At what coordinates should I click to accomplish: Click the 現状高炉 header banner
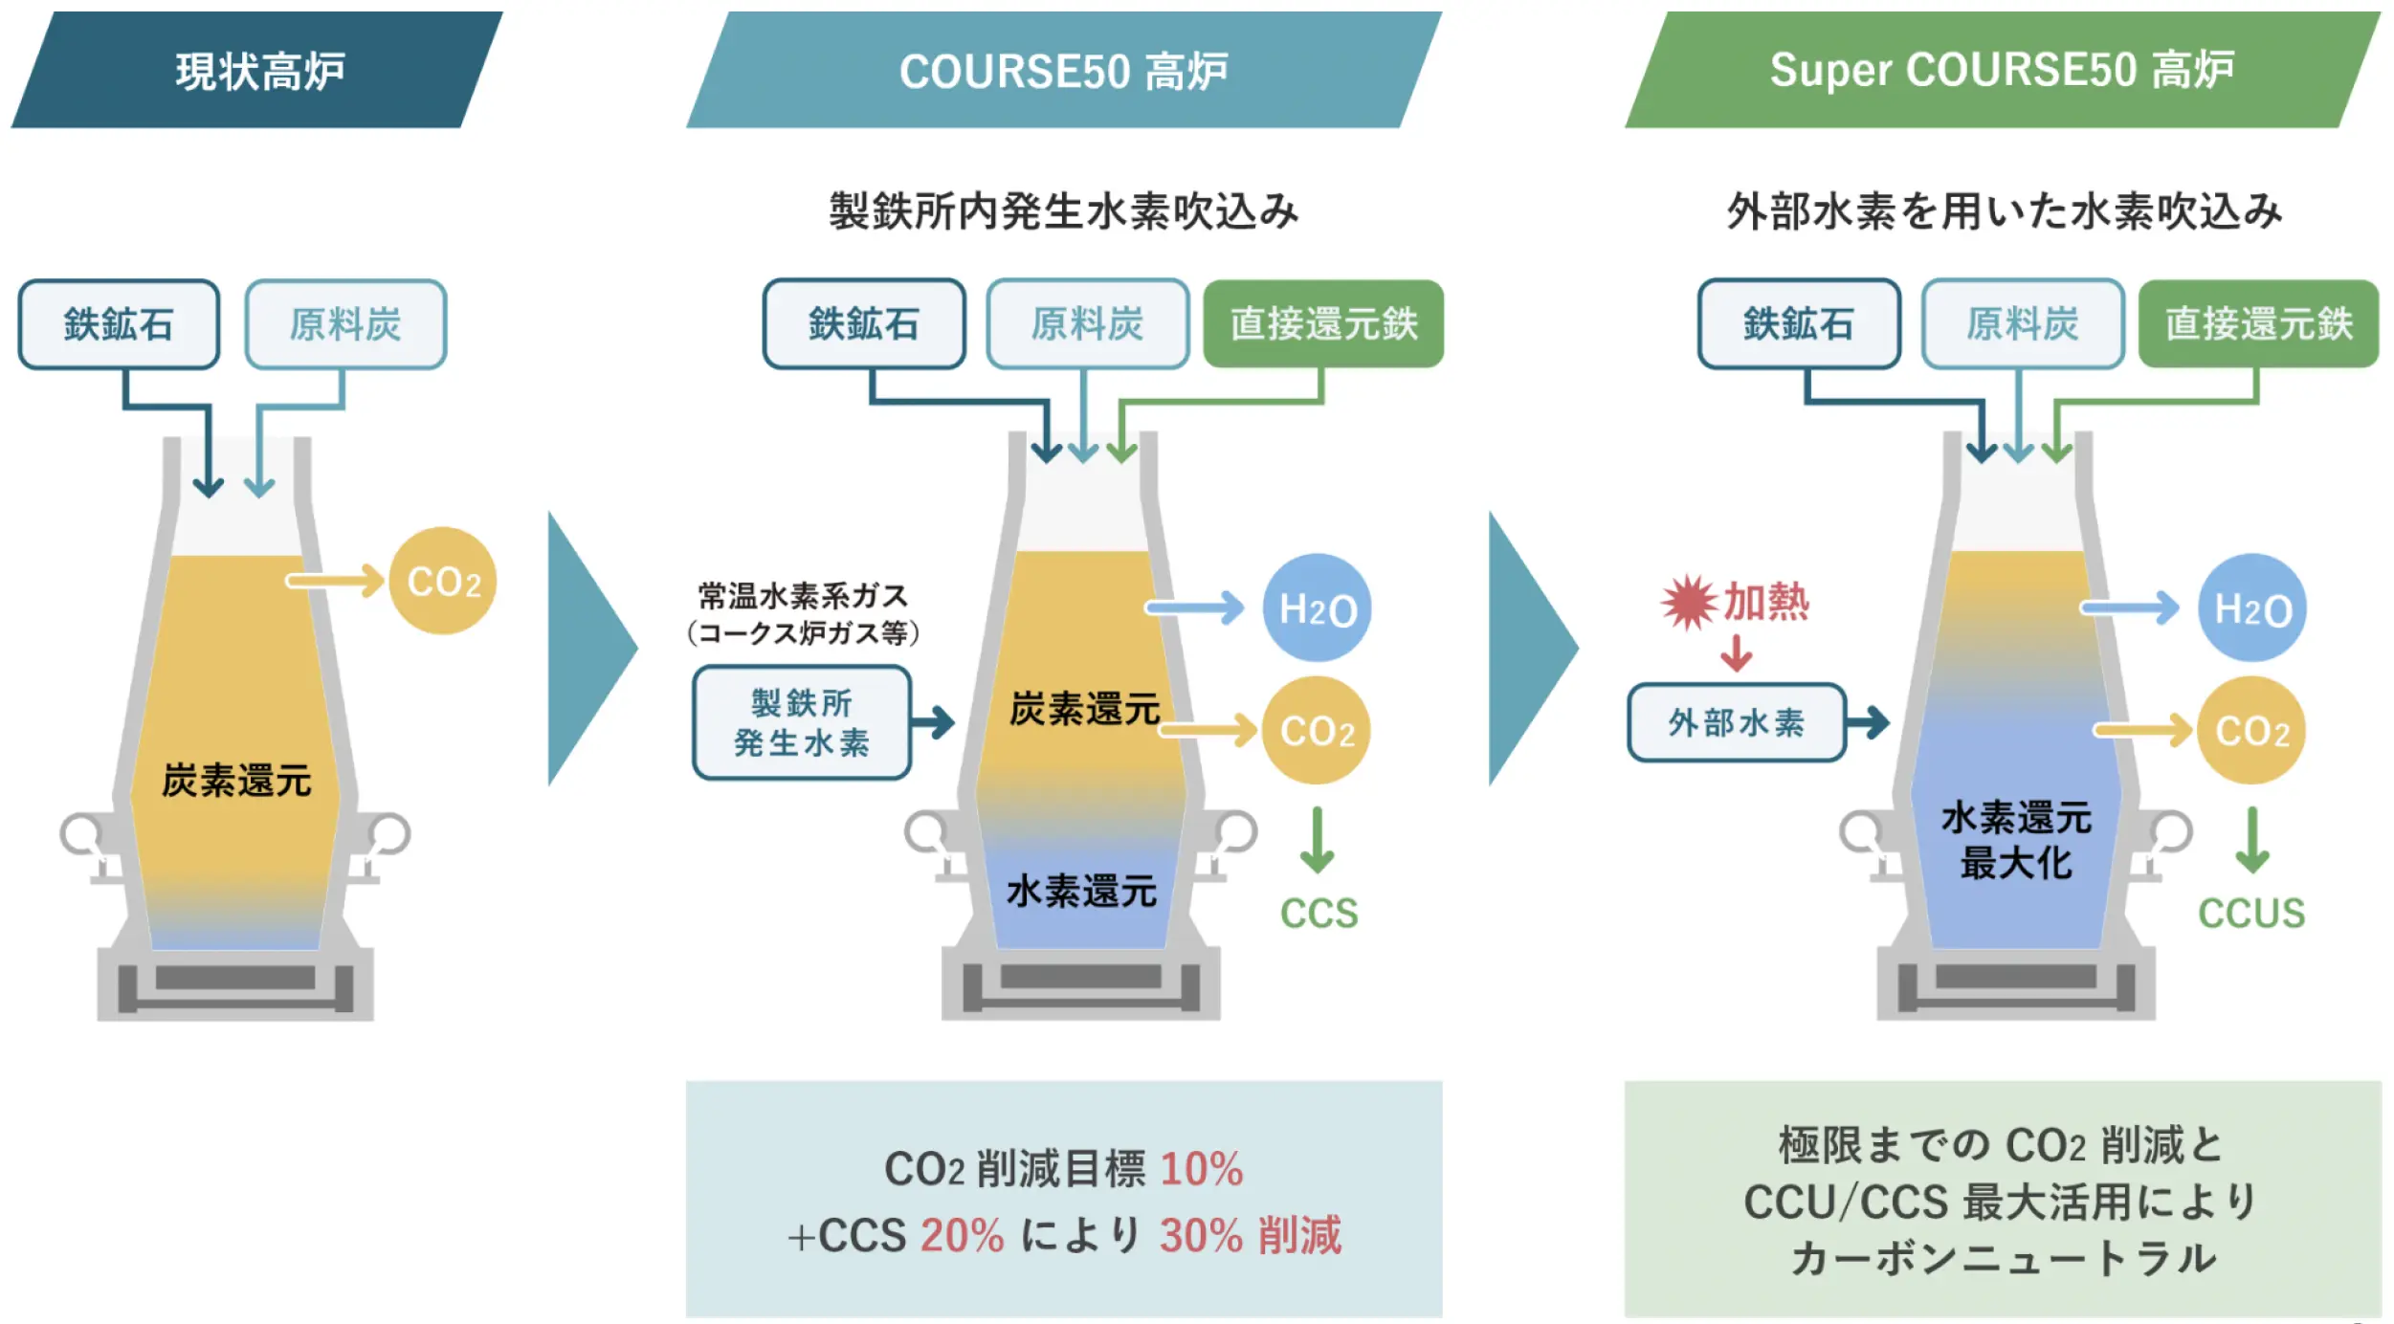point(256,70)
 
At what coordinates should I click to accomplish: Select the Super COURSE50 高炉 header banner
point(2003,70)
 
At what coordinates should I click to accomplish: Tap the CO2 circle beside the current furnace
point(443,581)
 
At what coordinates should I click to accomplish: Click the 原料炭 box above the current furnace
point(345,324)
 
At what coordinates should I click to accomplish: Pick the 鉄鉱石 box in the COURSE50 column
point(864,324)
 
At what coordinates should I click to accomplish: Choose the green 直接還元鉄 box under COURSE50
point(1323,324)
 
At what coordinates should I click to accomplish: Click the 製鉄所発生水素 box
point(802,722)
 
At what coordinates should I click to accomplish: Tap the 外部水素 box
point(1737,722)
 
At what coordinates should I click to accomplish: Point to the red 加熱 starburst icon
point(1689,603)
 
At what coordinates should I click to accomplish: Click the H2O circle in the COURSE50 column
point(1317,607)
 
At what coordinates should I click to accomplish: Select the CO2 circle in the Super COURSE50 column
point(2251,731)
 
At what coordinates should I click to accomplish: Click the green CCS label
point(1319,914)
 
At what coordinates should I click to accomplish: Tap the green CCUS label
point(2251,914)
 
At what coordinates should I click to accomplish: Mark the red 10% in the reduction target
point(1202,1169)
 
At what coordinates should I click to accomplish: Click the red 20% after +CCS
point(963,1235)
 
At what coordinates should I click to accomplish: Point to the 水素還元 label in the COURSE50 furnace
point(1082,891)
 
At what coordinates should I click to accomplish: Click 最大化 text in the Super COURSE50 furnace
point(2016,863)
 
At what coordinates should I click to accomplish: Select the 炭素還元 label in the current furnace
point(236,781)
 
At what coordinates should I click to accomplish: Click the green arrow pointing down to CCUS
point(2252,840)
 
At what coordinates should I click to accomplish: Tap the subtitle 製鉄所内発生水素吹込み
point(1064,211)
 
